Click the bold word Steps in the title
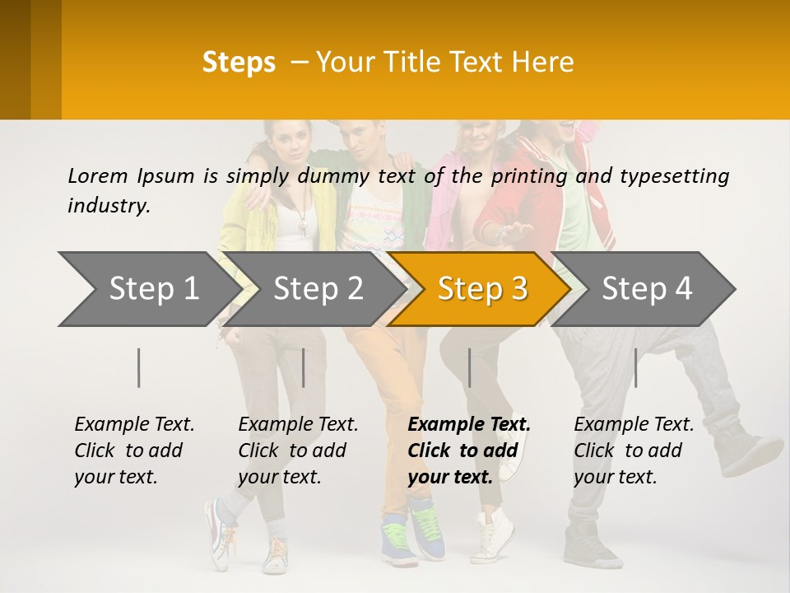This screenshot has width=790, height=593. [239, 63]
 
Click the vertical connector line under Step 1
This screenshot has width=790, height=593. [139, 367]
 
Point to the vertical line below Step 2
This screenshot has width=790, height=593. [304, 367]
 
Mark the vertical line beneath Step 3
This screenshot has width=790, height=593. [469, 367]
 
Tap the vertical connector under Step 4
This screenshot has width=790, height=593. [635, 367]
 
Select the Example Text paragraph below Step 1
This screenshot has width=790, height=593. [134, 451]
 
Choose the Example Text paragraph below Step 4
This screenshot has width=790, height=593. [634, 451]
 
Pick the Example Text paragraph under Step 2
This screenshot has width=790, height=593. [298, 451]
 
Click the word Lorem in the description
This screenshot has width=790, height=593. [98, 175]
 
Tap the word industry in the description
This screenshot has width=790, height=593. [109, 205]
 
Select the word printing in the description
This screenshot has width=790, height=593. [529, 175]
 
